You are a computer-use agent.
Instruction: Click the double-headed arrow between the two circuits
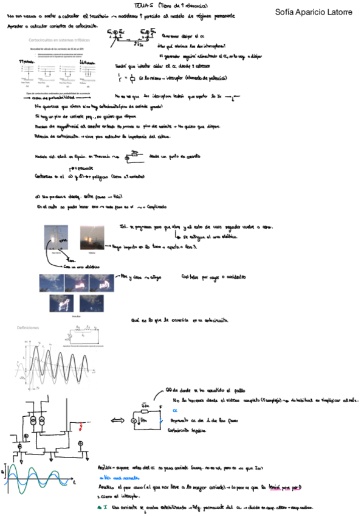pos(115,421)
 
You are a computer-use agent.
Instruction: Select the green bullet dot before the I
pos(99,507)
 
